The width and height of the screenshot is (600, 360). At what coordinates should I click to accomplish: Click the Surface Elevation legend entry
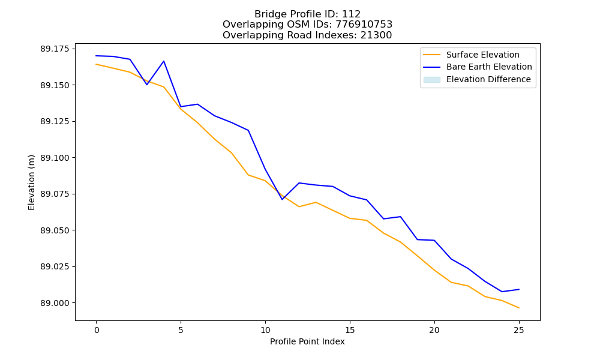pyautogui.click(x=471, y=55)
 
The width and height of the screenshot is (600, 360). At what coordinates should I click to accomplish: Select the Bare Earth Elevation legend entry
pyautogui.click(x=478, y=67)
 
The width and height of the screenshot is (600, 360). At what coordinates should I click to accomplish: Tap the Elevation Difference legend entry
pyautogui.click(x=477, y=79)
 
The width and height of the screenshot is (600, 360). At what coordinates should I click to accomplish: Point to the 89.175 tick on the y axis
pyautogui.click(x=55, y=49)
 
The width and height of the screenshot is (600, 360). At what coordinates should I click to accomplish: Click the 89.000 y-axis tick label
pyautogui.click(x=55, y=303)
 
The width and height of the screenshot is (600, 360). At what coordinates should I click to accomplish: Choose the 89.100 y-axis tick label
pyautogui.click(x=55, y=158)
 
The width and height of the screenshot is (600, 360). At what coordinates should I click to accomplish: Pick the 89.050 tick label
pyautogui.click(x=55, y=230)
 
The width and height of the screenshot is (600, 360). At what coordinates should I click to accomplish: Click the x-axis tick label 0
pyautogui.click(x=97, y=330)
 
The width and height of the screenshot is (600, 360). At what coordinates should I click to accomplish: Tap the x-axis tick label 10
pyautogui.click(x=265, y=330)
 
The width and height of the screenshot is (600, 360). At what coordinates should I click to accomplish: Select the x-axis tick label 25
pyautogui.click(x=519, y=330)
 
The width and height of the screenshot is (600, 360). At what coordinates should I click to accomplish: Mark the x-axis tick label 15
pyautogui.click(x=350, y=330)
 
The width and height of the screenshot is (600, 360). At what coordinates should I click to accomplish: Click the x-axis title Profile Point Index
pyautogui.click(x=307, y=341)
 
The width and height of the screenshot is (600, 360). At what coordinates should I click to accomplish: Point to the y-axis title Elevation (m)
pyautogui.click(x=31, y=182)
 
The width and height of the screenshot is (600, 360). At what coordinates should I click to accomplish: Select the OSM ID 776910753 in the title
pyautogui.click(x=364, y=25)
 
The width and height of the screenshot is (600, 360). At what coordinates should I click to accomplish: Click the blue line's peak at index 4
pyautogui.click(x=164, y=61)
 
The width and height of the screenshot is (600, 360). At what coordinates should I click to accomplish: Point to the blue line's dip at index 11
pyautogui.click(x=282, y=199)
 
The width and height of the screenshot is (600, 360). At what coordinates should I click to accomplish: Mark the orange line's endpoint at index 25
pyautogui.click(x=519, y=308)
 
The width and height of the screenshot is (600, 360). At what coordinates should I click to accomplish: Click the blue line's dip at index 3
pyautogui.click(x=147, y=85)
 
